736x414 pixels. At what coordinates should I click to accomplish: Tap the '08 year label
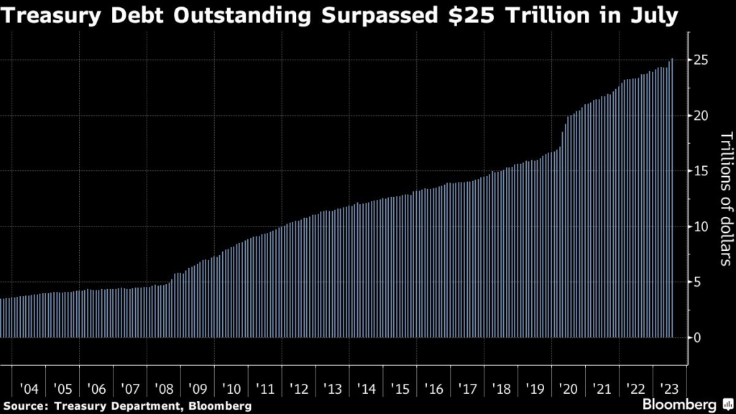click(x=164, y=389)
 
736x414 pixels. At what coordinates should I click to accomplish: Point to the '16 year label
click(x=435, y=389)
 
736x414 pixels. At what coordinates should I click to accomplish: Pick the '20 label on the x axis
click(x=569, y=389)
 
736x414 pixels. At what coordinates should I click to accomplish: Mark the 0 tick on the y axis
click(x=698, y=337)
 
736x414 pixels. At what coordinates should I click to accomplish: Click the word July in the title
click(x=655, y=15)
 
